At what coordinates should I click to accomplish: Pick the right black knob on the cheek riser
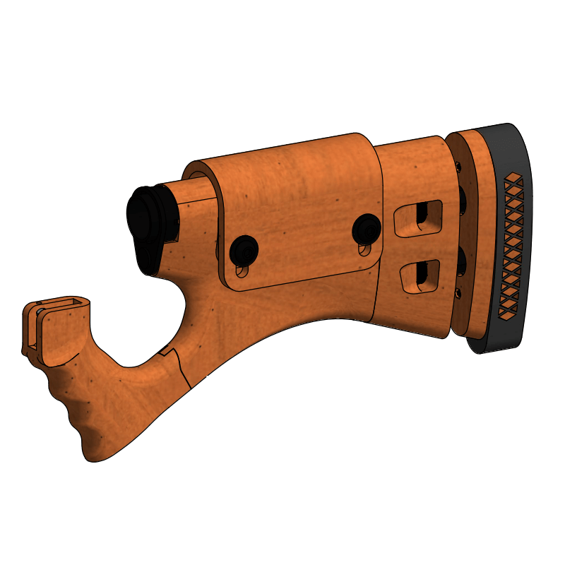pos(367,227)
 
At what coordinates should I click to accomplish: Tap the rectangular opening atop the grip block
pos(68,304)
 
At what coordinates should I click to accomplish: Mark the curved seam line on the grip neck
pos(181,367)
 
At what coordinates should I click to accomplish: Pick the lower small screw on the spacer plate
pos(458,291)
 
